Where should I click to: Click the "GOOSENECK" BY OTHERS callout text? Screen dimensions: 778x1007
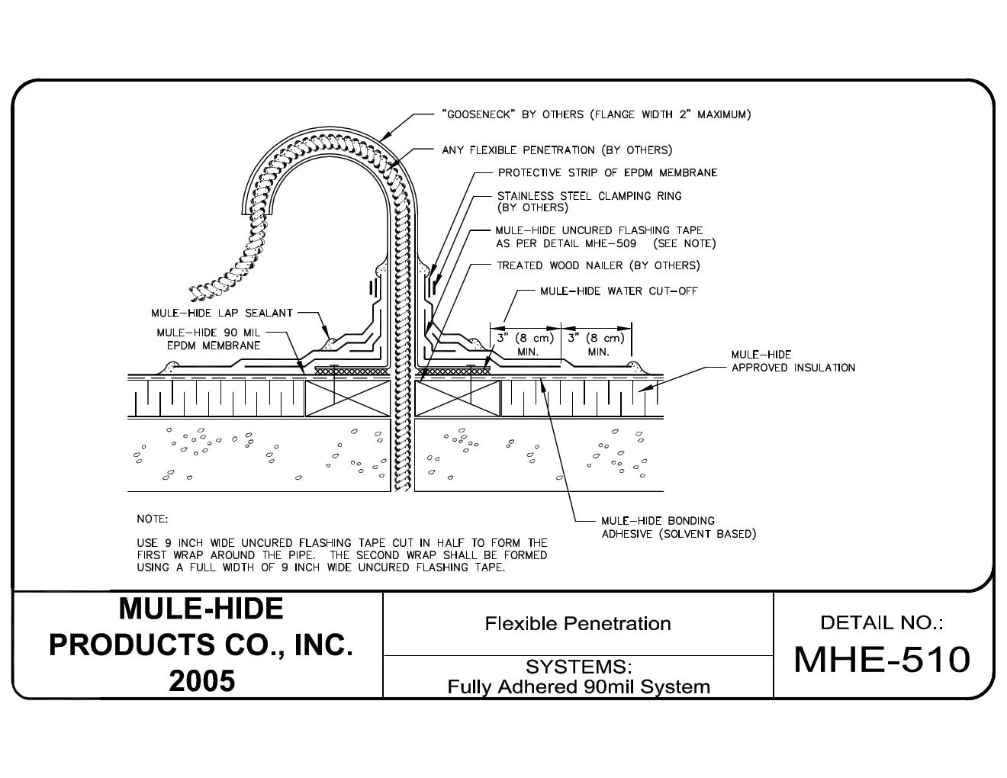click(596, 114)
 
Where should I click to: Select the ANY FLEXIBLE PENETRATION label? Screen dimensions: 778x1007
click(557, 150)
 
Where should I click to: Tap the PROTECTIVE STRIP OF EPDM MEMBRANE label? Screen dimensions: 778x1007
click(607, 173)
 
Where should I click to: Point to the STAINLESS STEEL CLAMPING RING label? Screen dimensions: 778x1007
click(589, 201)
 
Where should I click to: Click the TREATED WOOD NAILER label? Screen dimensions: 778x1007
click(598, 265)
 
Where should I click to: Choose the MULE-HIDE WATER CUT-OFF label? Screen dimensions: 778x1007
click(619, 291)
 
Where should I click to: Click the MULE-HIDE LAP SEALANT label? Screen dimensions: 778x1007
click(222, 313)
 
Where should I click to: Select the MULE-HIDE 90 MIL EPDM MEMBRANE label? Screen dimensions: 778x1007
click(208, 339)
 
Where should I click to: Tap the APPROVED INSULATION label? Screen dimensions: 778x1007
click(793, 362)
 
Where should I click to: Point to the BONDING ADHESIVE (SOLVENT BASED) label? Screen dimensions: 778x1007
click(678, 527)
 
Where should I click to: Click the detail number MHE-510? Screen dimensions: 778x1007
click(882, 659)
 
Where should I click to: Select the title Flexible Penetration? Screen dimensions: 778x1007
click(577, 623)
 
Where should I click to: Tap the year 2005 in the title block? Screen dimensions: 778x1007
click(201, 680)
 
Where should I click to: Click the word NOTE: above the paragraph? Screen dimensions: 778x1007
click(152, 519)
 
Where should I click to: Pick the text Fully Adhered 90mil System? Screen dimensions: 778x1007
click(578, 686)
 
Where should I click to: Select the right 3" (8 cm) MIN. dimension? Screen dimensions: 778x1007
click(597, 344)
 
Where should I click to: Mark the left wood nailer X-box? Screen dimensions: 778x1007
click(348, 397)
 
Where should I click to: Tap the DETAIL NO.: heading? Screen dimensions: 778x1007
click(882, 622)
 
